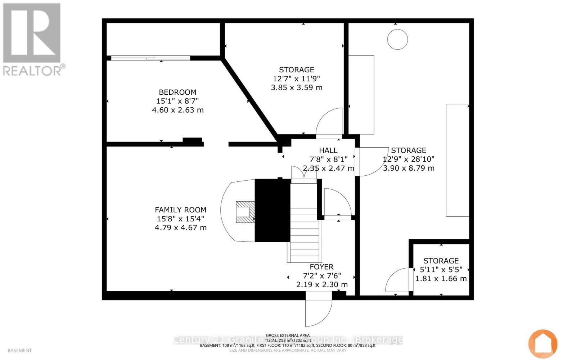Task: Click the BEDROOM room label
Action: click(x=177, y=92)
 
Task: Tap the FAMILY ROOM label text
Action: click(x=180, y=210)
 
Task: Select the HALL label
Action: click(x=328, y=150)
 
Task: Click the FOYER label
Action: click(x=321, y=267)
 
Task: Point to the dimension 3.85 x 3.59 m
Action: click(x=297, y=87)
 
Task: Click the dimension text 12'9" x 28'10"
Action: click(x=409, y=159)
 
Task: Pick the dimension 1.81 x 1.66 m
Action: click(x=441, y=279)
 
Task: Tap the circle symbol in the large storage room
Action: click(x=397, y=39)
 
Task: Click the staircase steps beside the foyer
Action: click(x=304, y=230)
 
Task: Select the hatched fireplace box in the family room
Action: click(x=245, y=212)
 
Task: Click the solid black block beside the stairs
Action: click(x=272, y=211)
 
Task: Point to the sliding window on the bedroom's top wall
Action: click(x=150, y=58)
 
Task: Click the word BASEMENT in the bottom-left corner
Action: click(x=19, y=350)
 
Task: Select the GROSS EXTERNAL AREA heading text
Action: click(x=288, y=335)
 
